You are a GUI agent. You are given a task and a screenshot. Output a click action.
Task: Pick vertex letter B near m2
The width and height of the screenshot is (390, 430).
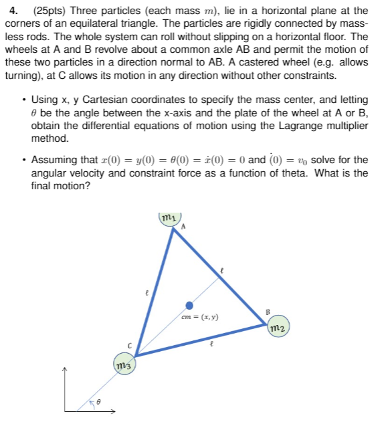pyautogui.click(x=267, y=311)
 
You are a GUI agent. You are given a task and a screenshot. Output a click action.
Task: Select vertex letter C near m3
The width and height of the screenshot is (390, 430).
pyautogui.click(x=131, y=345)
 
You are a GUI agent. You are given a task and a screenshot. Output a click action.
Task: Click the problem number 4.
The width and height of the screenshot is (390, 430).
pyautogui.click(x=9, y=10)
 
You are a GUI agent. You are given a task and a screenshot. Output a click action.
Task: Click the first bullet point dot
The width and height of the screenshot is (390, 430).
pyautogui.click(x=24, y=99)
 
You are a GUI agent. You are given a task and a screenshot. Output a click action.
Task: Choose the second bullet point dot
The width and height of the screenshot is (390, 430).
pyautogui.click(x=24, y=160)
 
